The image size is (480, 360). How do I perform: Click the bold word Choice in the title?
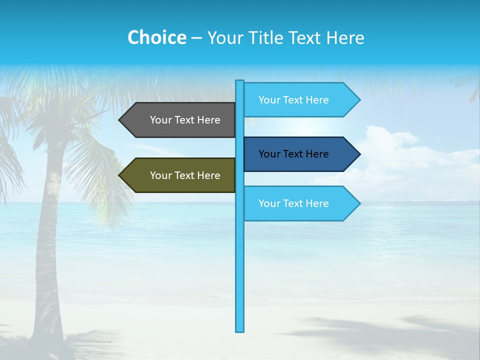pyautogui.click(x=156, y=37)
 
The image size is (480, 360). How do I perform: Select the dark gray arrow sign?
pyautogui.click(x=180, y=120)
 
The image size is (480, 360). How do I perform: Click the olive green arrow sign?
pyautogui.click(x=180, y=175)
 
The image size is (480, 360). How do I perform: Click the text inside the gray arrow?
pyautogui.click(x=185, y=120)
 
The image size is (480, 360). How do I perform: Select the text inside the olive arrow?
pyautogui.click(x=185, y=175)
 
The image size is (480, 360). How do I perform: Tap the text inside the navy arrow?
pyautogui.click(x=293, y=154)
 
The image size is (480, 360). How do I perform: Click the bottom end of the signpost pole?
pyautogui.click(x=239, y=329)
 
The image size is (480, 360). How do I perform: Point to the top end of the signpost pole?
pyautogui.click(x=239, y=82)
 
